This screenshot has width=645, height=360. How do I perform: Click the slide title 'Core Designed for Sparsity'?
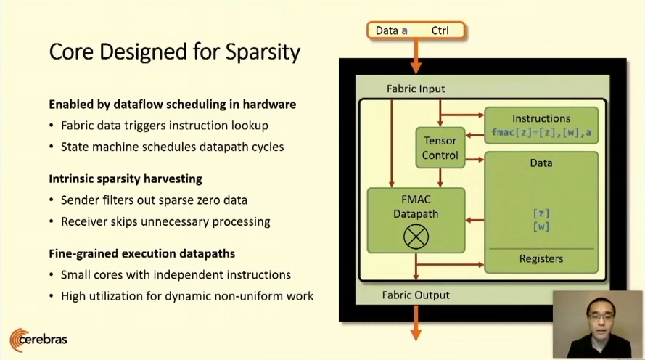click(x=174, y=52)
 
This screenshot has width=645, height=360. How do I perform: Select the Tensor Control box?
click(x=440, y=147)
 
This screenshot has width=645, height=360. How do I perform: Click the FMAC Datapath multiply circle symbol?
click(x=416, y=236)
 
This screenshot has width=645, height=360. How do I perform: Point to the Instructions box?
click(x=541, y=125)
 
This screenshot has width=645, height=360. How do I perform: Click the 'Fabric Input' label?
click(x=416, y=89)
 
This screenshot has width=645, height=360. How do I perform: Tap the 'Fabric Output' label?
click(x=416, y=295)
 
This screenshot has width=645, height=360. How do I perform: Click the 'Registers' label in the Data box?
click(x=541, y=259)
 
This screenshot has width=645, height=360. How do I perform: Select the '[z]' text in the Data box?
click(x=541, y=213)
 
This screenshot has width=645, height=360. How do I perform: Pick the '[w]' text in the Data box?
click(x=541, y=226)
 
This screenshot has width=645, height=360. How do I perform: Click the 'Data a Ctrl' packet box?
click(x=416, y=30)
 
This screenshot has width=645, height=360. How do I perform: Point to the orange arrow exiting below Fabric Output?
click(x=416, y=324)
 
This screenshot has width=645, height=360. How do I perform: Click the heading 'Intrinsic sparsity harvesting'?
click(x=125, y=178)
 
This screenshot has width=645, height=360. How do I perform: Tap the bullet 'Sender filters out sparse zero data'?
click(x=156, y=200)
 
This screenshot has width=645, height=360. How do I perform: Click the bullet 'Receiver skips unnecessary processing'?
click(x=165, y=221)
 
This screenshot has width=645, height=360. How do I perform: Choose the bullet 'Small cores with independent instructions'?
click(x=176, y=275)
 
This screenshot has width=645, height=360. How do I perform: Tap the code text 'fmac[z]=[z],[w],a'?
click(x=541, y=132)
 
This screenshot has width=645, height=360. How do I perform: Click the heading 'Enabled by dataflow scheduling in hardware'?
click(x=172, y=104)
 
